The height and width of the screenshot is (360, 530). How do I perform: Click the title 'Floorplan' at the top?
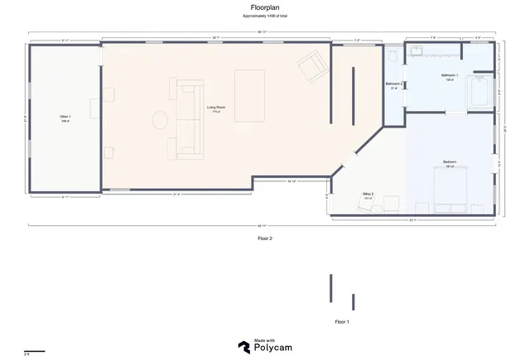click(x=264, y=7)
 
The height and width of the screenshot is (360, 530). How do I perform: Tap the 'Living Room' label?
click(x=216, y=108)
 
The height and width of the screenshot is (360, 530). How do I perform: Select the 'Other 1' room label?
click(x=65, y=118)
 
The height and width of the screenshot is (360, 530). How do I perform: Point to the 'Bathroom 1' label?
click(x=450, y=76)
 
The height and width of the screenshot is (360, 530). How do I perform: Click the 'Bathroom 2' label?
click(x=394, y=85)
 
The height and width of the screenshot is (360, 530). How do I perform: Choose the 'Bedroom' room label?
click(x=450, y=162)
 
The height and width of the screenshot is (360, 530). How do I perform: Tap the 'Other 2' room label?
click(x=368, y=195)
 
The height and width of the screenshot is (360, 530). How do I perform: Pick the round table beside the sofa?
click(x=160, y=120)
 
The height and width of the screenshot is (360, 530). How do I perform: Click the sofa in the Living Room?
click(x=188, y=120)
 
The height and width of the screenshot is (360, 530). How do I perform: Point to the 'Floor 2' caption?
click(x=265, y=238)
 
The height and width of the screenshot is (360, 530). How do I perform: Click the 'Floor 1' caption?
click(x=341, y=320)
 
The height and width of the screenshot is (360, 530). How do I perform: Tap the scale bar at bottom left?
click(x=34, y=350)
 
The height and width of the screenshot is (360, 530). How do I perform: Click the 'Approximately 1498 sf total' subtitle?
click(x=265, y=16)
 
